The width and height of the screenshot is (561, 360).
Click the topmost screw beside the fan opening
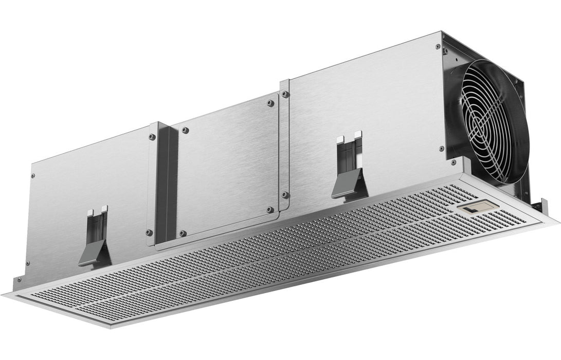pos(438,47)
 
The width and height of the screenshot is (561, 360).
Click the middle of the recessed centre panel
pos(226,165)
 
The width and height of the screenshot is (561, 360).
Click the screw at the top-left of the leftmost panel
pos(34,175)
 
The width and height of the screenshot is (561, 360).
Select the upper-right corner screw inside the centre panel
pos(269,103)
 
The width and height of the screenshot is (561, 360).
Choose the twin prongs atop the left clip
pos(97,210)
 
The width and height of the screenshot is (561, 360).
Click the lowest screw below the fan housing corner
pos(453,163)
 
